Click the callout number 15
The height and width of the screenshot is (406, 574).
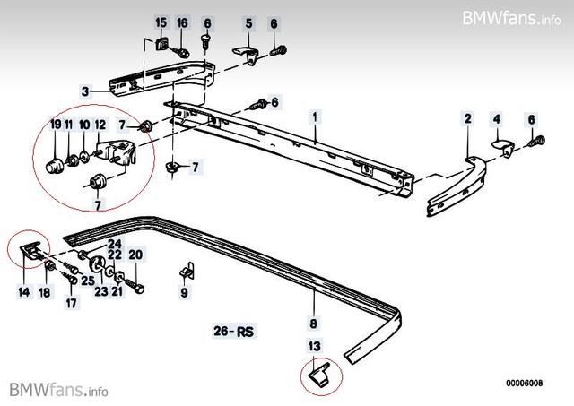coord(161,22)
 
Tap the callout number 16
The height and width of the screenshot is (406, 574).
coord(182,22)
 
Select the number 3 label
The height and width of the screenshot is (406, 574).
coord(84,91)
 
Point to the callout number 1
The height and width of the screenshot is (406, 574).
coord(315,117)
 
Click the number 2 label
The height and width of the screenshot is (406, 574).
coord(467,118)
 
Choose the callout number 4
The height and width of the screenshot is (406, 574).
coord(496,118)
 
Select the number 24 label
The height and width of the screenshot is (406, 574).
coord(114,244)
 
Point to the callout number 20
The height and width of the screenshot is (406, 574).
coord(135,255)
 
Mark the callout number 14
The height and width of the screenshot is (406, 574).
coord(22,291)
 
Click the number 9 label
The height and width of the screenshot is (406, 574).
coord(184,291)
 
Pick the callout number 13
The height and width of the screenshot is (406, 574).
coord(314,346)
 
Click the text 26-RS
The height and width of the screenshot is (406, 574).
coord(234,332)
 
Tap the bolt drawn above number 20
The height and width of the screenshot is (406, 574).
coord(136,286)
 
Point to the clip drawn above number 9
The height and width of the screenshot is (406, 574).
coord(186,269)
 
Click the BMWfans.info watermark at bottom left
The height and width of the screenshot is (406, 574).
coord(59,390)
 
